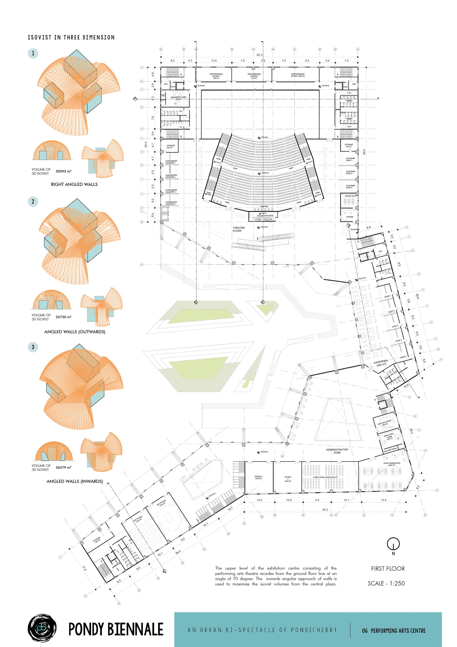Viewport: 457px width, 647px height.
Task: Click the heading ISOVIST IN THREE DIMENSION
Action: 71,38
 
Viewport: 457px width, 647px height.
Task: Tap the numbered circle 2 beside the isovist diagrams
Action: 33,201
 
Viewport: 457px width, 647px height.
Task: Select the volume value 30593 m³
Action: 63,171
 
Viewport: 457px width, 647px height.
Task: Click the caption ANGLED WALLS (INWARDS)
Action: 75,481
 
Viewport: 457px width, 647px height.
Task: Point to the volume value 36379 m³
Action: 63,467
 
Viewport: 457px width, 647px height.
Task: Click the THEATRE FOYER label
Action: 239,229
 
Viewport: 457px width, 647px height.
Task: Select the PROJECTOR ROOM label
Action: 265,216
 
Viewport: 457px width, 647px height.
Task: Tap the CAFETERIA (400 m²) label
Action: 381,363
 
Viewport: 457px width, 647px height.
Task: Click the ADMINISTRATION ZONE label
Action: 337,451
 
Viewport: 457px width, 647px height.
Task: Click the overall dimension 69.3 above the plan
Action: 259,55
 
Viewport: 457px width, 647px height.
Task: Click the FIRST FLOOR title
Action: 388,569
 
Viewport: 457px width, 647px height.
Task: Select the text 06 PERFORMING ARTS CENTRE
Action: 394,631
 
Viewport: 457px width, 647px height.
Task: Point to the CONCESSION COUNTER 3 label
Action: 171,191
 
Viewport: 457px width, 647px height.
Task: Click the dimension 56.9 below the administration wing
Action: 325,510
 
